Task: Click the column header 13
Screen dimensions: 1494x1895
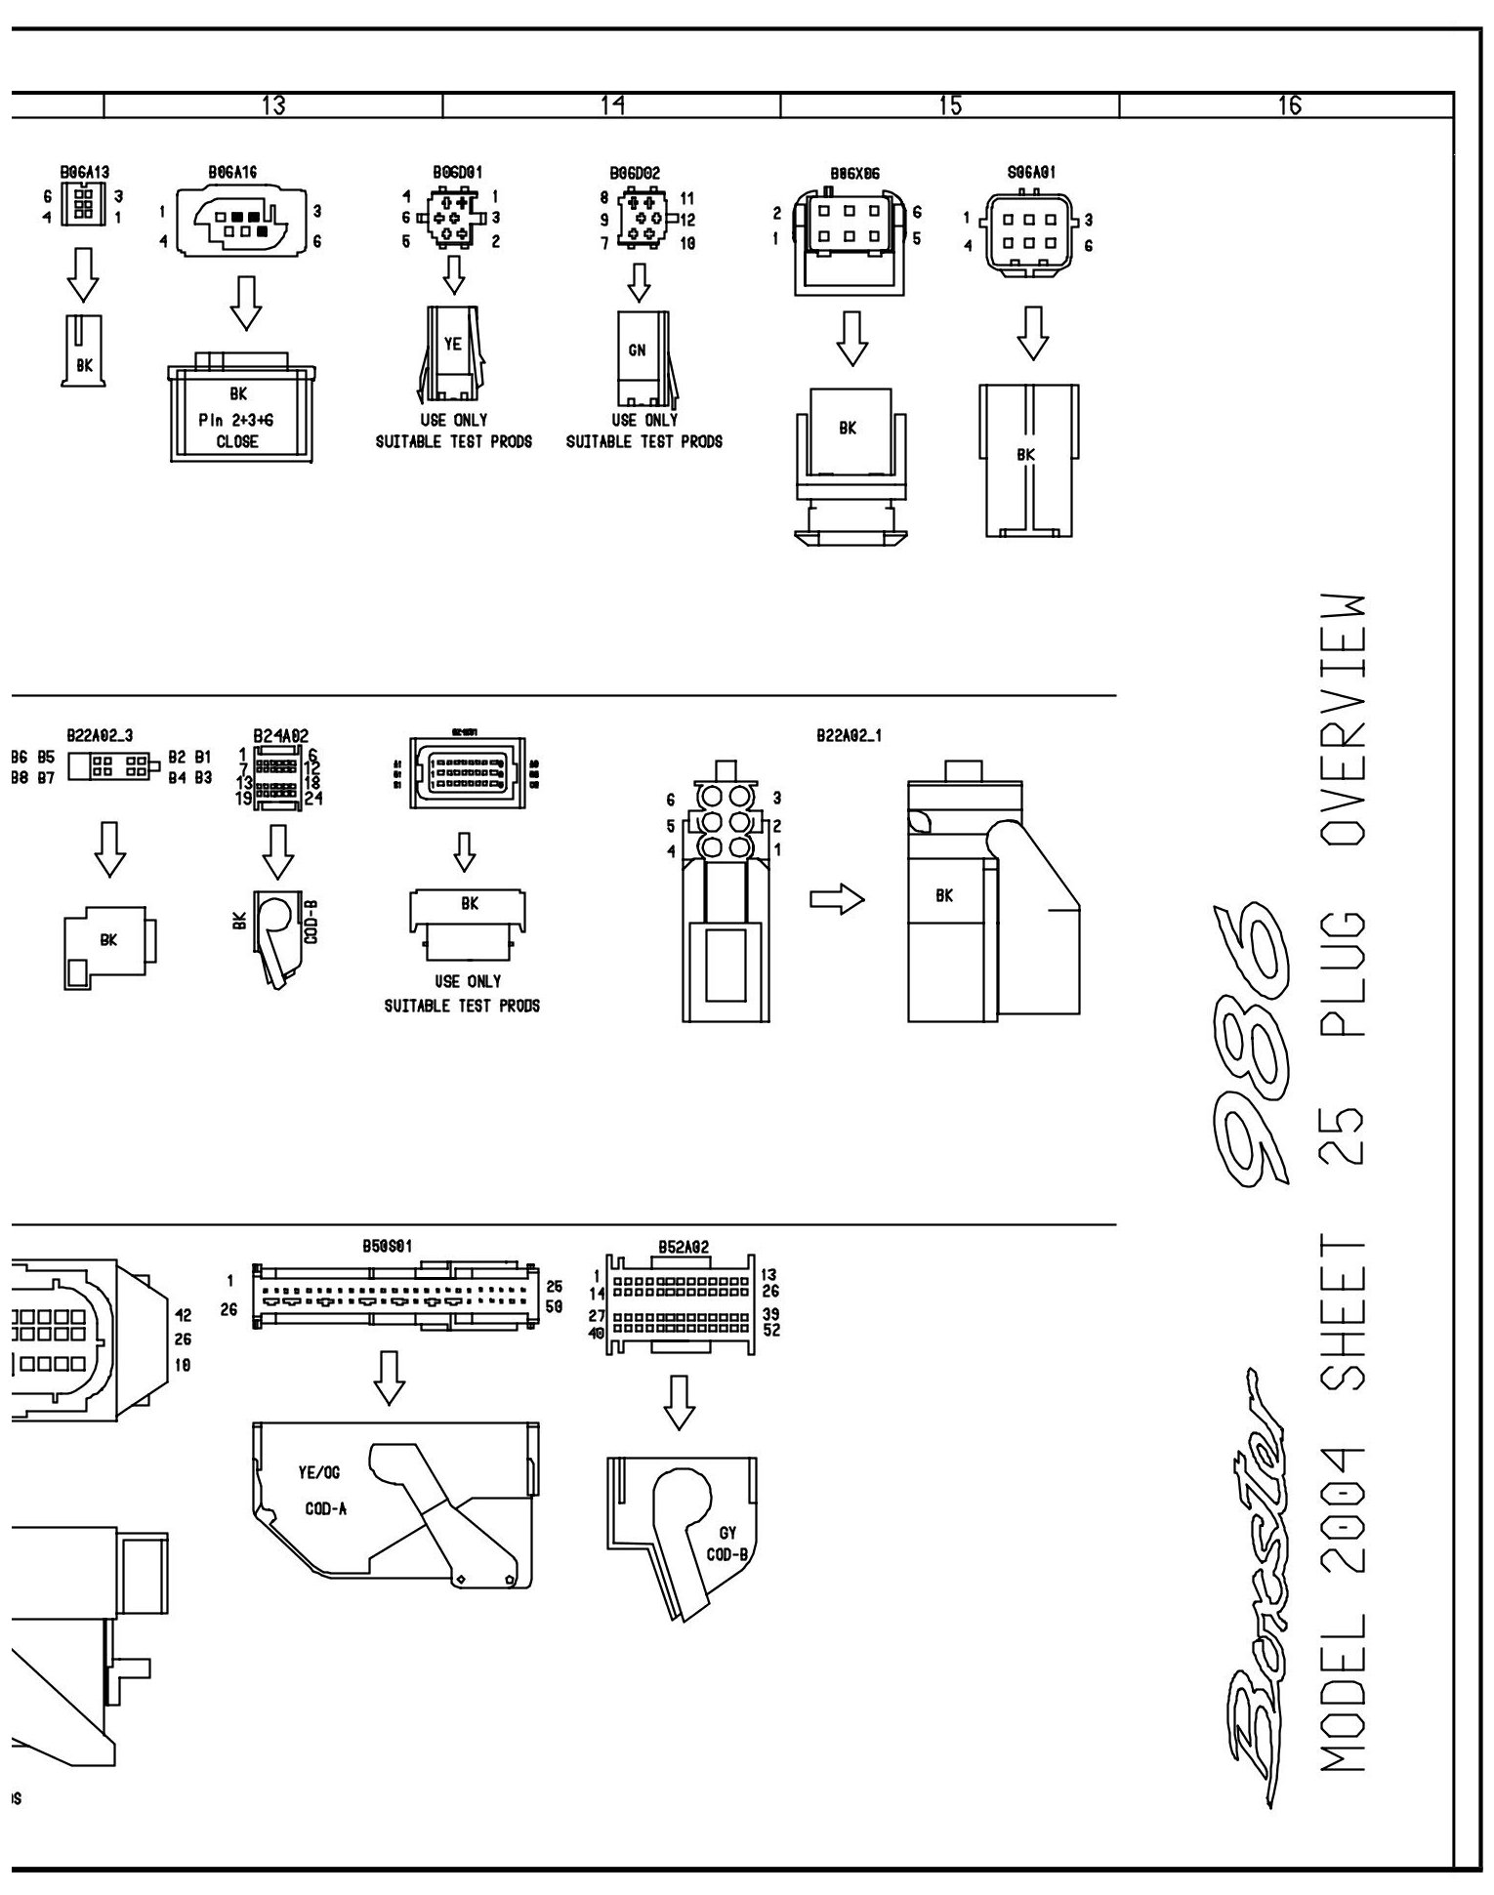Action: coord(273,105)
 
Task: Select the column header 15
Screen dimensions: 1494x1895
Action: coord(949,105)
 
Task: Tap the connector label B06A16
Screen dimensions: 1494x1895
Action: coord(232,173)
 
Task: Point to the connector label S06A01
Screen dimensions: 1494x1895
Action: coord(1031,173)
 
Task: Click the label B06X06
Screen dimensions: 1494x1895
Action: coord(854,174)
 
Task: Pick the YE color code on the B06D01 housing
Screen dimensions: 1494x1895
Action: coord(452,344)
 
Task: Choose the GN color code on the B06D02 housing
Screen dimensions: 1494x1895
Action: coord(637,350)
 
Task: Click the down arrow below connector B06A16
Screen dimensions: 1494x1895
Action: coord(247,302)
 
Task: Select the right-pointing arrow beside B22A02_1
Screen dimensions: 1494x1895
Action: coord(837,899)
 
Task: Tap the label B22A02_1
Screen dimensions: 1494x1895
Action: coord(849,736)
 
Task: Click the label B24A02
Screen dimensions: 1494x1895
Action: coord(281,736)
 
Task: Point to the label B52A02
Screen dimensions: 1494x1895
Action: coord(683,1247)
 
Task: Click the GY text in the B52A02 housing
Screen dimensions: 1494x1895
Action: coord(727,1534)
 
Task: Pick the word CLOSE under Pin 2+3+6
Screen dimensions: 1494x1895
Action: coord(237,441)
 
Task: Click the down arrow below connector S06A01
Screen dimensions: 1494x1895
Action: coord(1032,334)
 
